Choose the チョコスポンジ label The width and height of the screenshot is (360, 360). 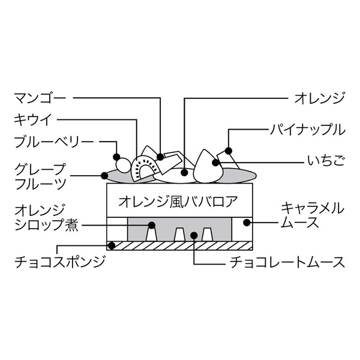pyautogui.click(x=54, y=262)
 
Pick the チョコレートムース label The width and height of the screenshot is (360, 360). pyautogui.click(x=287, y=262)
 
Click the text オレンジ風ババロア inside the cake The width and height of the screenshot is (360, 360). pyautogui.click(x=179, y=200)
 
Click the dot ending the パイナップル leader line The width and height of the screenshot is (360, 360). pyautogui.click(x=229, y=150)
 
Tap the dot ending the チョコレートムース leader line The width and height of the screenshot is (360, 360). pyautogui.click(x=194, y=235)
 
